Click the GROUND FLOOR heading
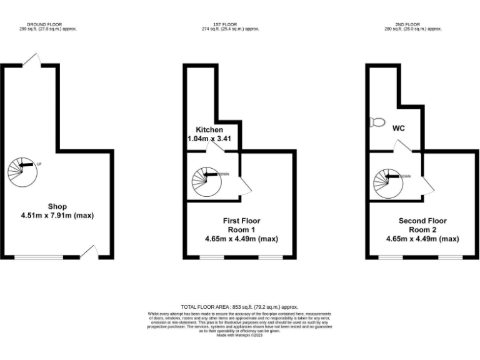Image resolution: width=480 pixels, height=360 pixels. click(x=48, y=25)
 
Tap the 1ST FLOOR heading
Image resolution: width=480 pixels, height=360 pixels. click(x=231, y=25)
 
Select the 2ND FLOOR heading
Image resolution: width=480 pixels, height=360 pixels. click(x=413, y=25)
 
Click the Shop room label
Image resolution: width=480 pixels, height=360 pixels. click(x=57, y=206)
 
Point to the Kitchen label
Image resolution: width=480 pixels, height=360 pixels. click(x=209, y=130)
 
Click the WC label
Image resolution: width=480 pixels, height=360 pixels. click(x=399, y=128)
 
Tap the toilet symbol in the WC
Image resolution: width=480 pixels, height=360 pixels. click(x=377, y=122)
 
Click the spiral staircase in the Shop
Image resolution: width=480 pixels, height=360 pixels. click(x=23, y=169)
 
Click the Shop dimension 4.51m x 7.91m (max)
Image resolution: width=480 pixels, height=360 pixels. click(x=57, y=216)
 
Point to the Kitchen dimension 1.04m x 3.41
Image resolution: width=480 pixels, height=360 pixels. click(x=210, y=139)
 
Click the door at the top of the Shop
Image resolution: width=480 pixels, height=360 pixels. click(x=31, y=60)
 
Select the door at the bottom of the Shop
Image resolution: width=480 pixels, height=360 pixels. click(x=89, y=251)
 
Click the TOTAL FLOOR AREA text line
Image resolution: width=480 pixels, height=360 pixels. click(x=239, y=307)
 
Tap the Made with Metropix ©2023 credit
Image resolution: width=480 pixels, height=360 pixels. click(x=239, y=336)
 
